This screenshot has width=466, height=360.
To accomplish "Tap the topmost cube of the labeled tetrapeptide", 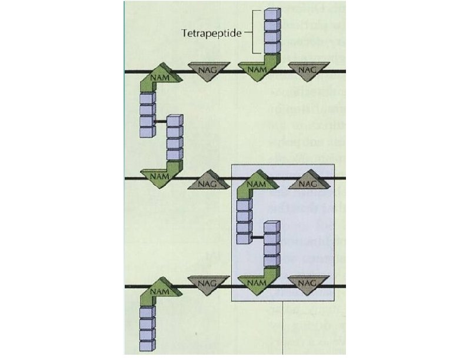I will [271, 14].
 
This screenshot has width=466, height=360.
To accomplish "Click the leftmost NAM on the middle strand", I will [156, 175].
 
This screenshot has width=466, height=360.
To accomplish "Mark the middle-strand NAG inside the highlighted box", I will [307, 182].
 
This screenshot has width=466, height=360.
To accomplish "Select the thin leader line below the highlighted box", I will [285, 329].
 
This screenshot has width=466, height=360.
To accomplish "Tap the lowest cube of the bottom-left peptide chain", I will [147, 347].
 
